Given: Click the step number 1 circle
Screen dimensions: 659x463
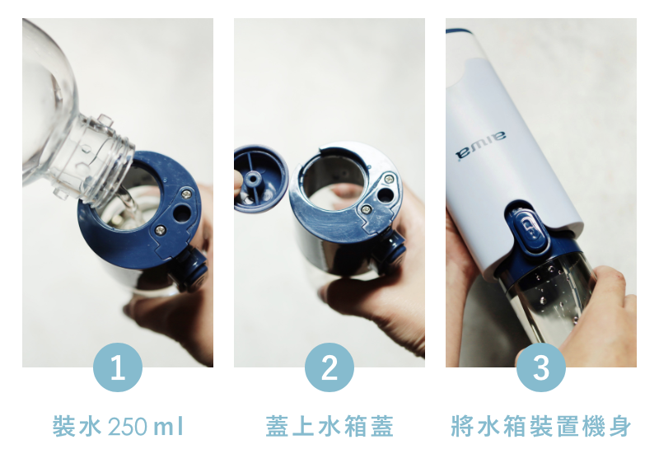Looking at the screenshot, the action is (118, 367).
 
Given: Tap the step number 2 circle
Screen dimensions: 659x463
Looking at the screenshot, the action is (329, 367).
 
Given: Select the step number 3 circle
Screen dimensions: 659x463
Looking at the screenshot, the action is (541, 367).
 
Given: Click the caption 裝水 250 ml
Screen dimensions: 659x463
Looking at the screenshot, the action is (118, 426).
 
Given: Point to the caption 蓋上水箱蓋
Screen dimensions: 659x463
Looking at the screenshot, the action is (329, 426).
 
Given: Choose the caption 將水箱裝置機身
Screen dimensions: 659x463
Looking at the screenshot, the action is (541, 426).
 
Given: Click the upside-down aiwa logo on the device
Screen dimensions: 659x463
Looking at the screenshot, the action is (481, 145).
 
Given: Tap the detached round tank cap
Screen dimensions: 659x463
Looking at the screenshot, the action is (260, 178).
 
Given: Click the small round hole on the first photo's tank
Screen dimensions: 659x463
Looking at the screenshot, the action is (181, 213).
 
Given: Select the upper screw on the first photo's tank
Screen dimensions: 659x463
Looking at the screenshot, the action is (186, 194).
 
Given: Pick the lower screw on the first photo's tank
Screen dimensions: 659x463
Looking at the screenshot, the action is (160, 230).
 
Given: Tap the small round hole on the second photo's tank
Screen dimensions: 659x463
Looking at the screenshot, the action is (385, 194).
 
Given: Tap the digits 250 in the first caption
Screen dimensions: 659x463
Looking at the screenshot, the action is (128, 427).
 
